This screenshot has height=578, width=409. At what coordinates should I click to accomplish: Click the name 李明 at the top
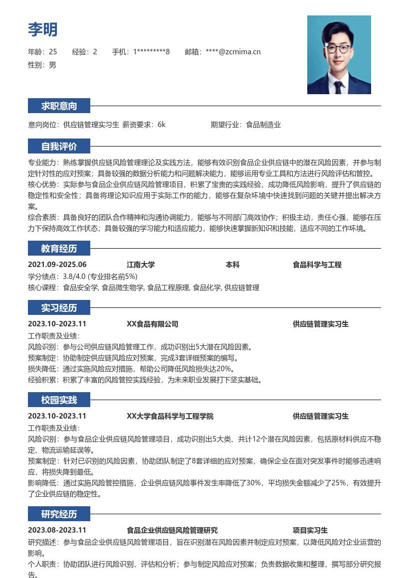[x=42, y=29]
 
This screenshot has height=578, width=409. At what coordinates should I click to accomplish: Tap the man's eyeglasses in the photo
[x=338, y=49]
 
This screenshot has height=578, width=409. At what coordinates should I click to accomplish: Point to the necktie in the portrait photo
[x=339, y=87]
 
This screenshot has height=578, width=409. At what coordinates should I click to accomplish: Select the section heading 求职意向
[x=59, y=106]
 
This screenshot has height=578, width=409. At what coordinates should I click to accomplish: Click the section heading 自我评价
[x=59, y=146]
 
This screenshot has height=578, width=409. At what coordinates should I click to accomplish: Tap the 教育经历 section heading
[x=59, y=249]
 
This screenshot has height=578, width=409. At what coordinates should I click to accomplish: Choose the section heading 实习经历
[x=59, y=308]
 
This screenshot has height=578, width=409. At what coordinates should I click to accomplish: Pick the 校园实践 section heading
[x=59, y=400]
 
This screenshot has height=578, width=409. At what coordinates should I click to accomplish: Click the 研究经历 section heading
[x=59, y=514]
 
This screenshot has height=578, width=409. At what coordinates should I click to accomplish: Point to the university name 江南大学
[x=141, y=265]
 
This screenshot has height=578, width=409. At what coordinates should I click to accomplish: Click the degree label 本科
[x=232, y=265]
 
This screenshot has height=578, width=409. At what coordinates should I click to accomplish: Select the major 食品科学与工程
[x=317, y=265]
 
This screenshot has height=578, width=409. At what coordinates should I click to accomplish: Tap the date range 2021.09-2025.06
[x=57, y=265]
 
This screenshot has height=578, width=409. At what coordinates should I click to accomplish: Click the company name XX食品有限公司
[x=152, y=324]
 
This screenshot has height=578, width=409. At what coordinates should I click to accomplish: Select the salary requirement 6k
[x=161, y=125]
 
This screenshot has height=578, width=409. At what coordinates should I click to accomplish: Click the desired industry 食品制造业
[x=263, y=125]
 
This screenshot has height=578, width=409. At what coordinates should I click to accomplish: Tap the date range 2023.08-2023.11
[x=57, y=531]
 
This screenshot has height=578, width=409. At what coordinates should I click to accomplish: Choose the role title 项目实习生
[x=310, y=531]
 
